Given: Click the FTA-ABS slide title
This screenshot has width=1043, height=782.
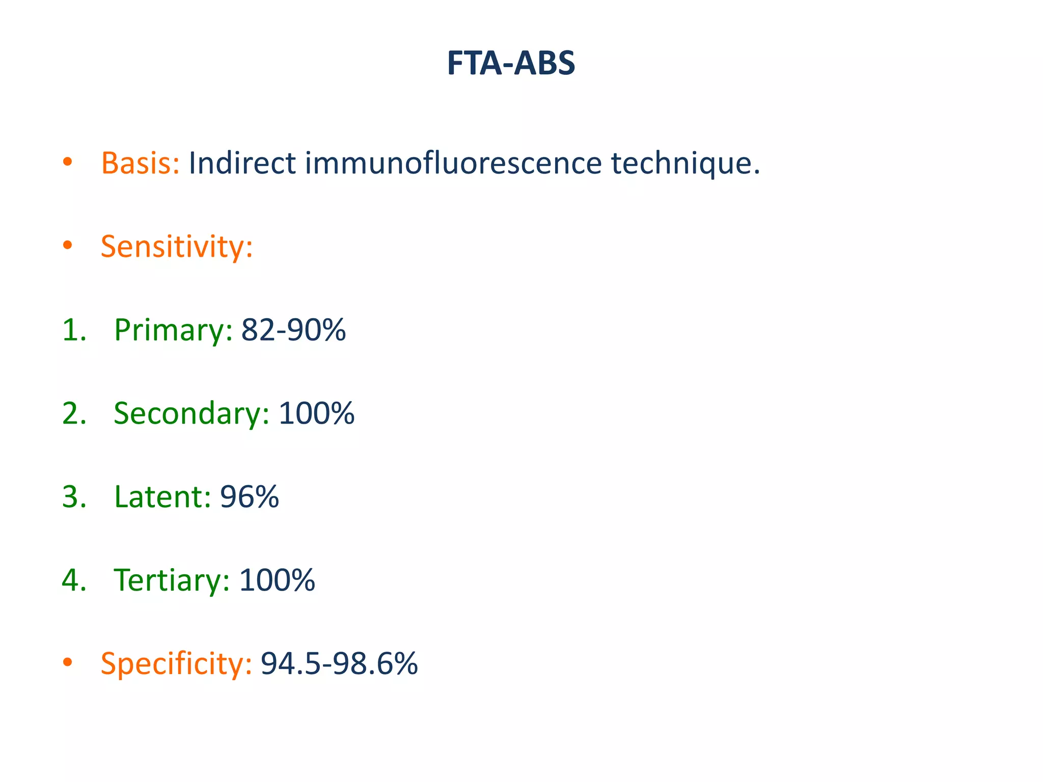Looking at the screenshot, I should (511, 64).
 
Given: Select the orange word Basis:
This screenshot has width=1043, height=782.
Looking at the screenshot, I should (140, 163).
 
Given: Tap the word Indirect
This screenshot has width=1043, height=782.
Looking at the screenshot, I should (242, 163).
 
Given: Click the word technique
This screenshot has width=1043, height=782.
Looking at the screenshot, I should (685, 164).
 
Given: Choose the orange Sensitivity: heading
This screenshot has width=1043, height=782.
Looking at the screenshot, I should (177, 247).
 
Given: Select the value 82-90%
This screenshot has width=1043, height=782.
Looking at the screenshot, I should (293, 330).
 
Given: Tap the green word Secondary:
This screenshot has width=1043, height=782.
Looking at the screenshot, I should (191, 413).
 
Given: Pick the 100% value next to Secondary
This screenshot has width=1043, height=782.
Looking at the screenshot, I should (316, 413).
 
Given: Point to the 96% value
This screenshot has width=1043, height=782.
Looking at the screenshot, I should (250, 497).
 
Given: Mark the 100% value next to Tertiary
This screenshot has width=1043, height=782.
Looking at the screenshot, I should (277, 580).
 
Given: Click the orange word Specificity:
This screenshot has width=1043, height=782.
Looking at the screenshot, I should (176, 664).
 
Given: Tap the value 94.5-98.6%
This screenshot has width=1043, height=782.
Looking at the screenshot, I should (339, 664).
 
